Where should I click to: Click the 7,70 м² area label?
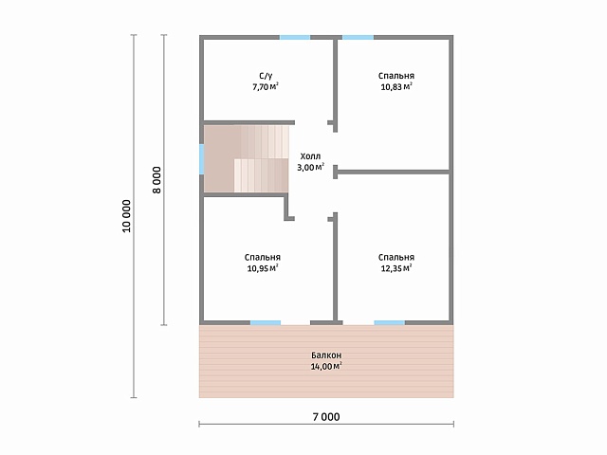tap(266, 86)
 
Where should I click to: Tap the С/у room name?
tap(266, 76)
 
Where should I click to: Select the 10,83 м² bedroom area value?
tap(396, 86)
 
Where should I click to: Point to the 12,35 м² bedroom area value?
tap(396, 268)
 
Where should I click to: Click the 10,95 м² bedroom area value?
tap(263, 268)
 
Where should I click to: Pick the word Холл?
tap(310, 156)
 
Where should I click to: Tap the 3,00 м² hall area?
tap(310, 167)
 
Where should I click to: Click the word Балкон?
tap(326, 355)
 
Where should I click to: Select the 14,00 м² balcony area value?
tap(326, 366)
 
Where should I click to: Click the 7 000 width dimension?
tap(326, 417)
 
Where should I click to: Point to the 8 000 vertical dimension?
tap(156, 180)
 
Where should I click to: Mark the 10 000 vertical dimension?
tap(126, 216)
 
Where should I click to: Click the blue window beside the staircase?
tap(202, 159)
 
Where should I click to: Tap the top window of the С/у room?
tap(295, 38)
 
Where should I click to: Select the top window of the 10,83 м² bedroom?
tap(359, 38)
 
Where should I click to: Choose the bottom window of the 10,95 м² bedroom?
tap(266, 322)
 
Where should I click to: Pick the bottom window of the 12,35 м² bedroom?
tap(390, 322)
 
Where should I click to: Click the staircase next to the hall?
tap(247, 158)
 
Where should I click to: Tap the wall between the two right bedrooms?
tap(392, 172)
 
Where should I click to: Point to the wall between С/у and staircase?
tap(249, 122)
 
